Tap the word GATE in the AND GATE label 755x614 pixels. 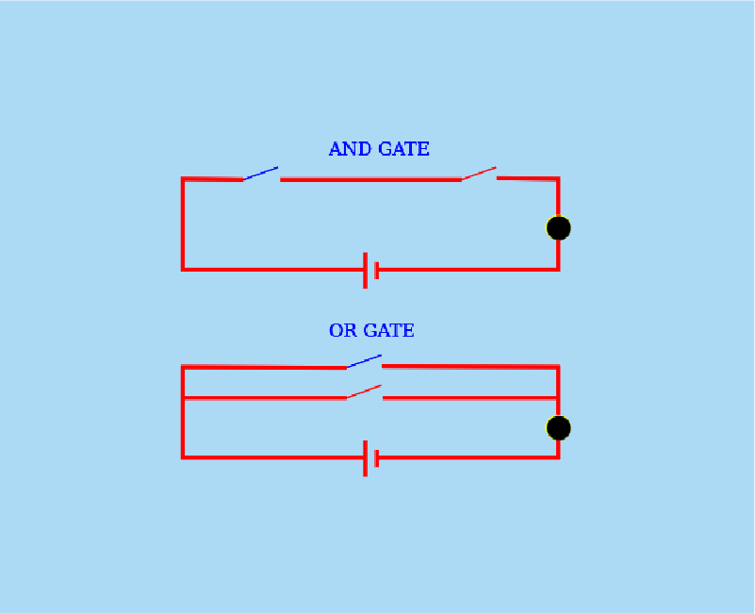click(x=403, y=149)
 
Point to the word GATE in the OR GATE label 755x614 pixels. click(x=388, y=331)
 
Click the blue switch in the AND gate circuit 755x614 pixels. click(x=261, y=174)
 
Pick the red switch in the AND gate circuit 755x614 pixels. click(x=479, y=174)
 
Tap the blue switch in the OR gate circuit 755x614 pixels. click(x=364, y=361)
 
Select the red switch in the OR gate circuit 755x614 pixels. click(x=364, y=391)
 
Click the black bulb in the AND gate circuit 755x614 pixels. click(x=559, y=228)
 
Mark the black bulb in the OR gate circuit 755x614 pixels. click(x=559, y=428)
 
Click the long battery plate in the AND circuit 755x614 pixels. click(x=365, y=270)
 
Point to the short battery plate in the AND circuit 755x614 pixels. click(x=376, y=270)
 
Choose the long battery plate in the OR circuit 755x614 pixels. click(x=365, y=457)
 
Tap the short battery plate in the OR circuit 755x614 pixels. click(x=376, y=457)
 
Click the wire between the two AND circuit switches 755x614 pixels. click(x=370, y=179)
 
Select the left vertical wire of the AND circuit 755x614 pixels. click(x=183, y=224)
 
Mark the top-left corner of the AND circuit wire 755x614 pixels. click(x=183, y=178)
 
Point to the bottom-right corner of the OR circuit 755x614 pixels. click(x=558, y=457)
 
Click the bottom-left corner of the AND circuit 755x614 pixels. click(x=183, y=270)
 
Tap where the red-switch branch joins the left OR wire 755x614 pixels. click(x=183, y=398)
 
